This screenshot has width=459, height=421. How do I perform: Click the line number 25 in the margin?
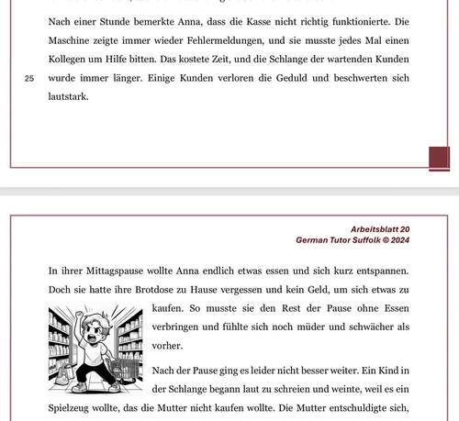coord(28,78)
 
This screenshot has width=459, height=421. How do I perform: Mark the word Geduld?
coord(311,79)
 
